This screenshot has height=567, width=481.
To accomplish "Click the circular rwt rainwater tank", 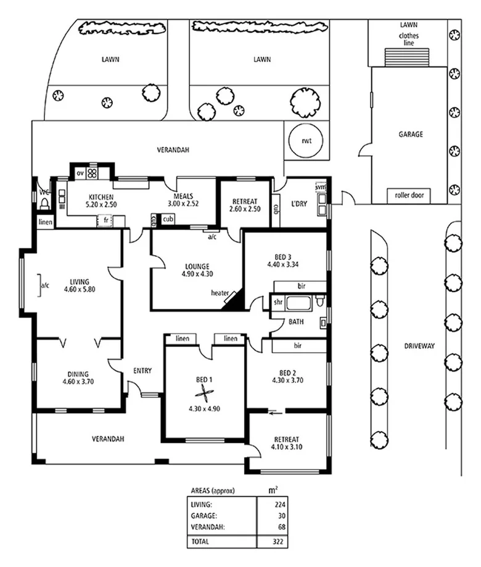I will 306,140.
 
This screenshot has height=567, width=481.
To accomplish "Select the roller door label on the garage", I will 409,195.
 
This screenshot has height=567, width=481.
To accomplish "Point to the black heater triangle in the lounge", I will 234,300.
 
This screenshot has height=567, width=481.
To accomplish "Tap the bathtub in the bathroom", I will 299,303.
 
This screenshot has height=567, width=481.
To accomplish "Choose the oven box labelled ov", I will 80,174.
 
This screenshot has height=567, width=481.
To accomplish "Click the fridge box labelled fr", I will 106,220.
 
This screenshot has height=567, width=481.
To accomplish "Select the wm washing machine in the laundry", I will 321,186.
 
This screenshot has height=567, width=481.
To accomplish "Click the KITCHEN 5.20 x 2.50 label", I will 92,199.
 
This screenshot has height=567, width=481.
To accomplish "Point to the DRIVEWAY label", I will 420,346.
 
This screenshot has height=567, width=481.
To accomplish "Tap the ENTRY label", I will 142,371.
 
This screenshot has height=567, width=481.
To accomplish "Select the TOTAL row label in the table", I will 201,541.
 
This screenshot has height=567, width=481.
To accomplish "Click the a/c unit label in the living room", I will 44,286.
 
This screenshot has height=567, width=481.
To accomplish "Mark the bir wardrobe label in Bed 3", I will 302,287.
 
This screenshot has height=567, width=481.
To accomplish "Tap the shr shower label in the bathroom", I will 278,303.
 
